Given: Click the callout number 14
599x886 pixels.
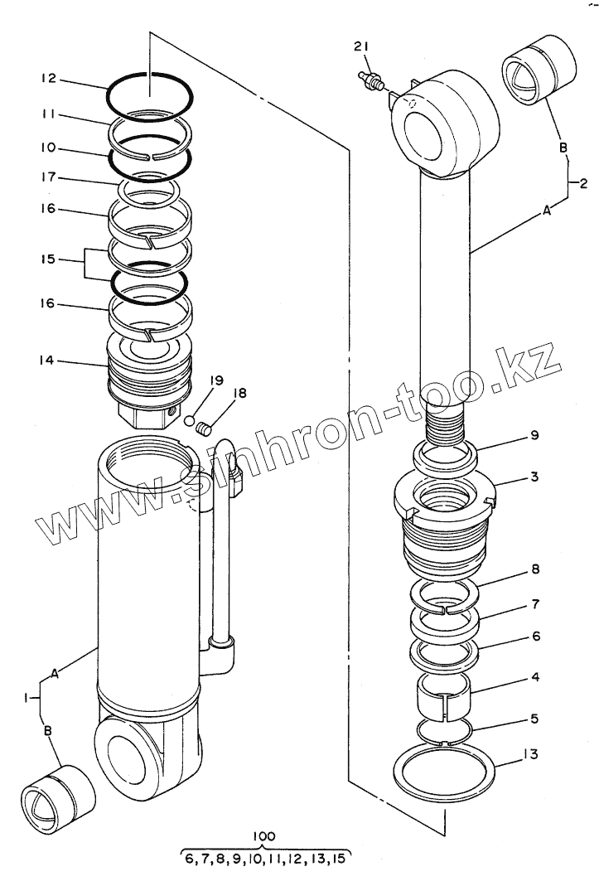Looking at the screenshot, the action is tap(47, 360).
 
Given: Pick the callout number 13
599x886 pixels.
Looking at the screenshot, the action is tap(531, 755).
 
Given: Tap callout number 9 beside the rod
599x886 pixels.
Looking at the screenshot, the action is tap(534, 435).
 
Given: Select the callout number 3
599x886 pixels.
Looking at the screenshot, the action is tap(534, 477).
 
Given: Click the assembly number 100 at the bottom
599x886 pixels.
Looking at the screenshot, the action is tap(266, 836).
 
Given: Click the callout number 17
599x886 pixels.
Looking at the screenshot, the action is tap(47, 177).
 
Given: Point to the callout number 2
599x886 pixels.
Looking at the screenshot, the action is tap(583, 182).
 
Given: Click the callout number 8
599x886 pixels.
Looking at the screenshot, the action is tap(534, 570).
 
